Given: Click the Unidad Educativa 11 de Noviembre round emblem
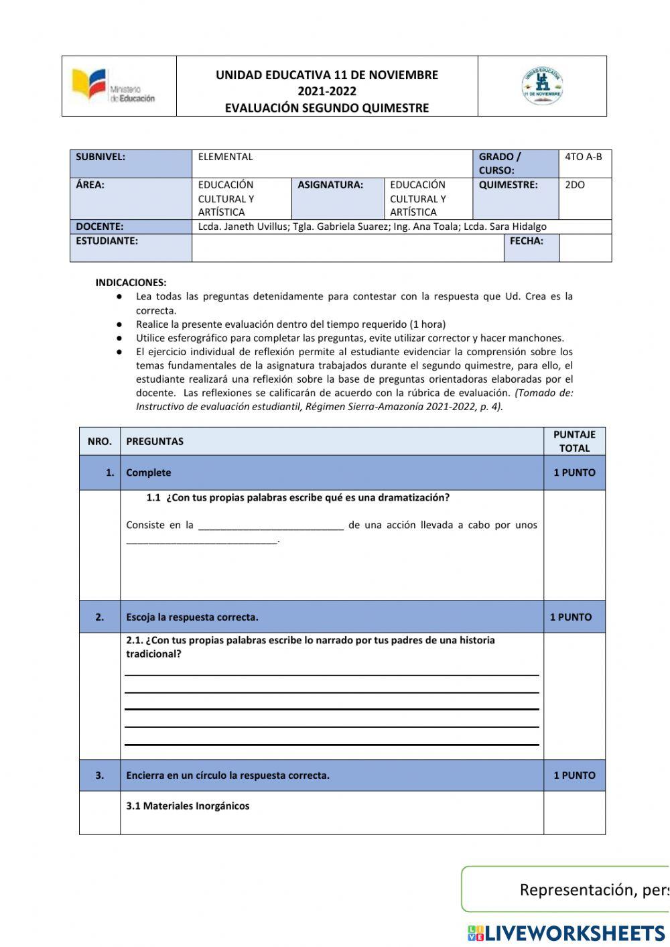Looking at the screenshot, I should [x=542, y=86].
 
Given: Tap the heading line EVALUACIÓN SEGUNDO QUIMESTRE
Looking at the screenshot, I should [x=326, y=108].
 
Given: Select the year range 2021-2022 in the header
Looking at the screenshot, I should [x=326, y=91].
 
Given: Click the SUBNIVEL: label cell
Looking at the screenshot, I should [x=131, y=164].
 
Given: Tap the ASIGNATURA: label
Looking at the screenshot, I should [x=330, y=185].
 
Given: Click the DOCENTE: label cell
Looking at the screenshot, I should [x=131, y=227].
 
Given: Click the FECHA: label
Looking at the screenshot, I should [x=527, y=241].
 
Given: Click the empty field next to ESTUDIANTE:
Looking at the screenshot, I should [x=347, y=248].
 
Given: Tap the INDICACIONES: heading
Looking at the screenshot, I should [x=131, y=283].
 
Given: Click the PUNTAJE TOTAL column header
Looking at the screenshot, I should [x=574, y=441].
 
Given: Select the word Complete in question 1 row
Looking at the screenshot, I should [x=148, y=472].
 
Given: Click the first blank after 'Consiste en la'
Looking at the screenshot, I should [x=271, y=526].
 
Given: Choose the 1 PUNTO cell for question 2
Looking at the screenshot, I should [x=571, y=617].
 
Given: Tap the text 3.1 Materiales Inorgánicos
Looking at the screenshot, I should [x=188, y=806].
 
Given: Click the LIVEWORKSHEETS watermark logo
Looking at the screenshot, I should [x=566, y=933].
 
